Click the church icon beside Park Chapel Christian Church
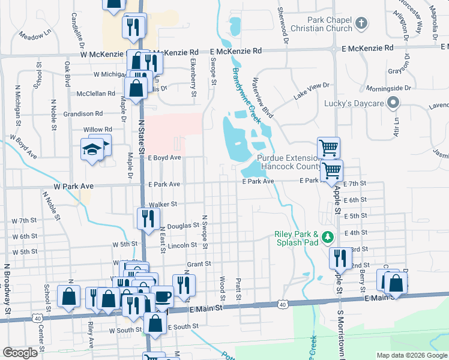[x=361, y=23]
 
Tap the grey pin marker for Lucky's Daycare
[x=393, y=103]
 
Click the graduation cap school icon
[x=91, y=151]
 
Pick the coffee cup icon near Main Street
[x=162, y=296]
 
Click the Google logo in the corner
[x=20, y=352]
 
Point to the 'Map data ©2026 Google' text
[x=412, y=355]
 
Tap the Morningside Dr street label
[x=389, y=88]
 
